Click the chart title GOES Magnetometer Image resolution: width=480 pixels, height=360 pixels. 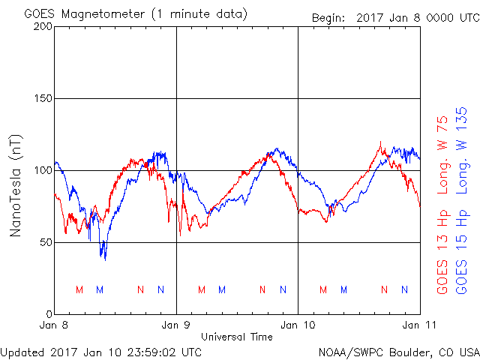(85, 14)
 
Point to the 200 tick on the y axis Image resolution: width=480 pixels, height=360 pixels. (43, 27)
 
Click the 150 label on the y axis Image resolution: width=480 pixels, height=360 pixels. (43, 98)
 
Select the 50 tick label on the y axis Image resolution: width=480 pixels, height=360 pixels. (46, 242)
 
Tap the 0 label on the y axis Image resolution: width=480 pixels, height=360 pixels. (49, 314)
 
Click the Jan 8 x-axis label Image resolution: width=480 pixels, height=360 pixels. (53, 325)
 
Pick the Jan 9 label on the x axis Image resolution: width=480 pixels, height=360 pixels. (175, 325)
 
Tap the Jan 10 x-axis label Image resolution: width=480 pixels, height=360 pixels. (298, 325)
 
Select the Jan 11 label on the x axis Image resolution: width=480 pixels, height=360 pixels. (419, 325)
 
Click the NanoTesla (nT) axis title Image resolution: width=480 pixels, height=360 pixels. (15, 185)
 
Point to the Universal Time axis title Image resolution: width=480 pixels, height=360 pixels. (237, 337)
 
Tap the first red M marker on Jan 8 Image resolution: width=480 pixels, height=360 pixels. (79, 289)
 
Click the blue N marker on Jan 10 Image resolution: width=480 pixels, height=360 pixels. (405, 289)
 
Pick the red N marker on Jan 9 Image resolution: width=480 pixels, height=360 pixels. (262, 289)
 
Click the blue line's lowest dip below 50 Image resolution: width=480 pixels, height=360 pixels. (105, 260)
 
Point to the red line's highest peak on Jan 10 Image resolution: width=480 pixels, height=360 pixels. (380, 142)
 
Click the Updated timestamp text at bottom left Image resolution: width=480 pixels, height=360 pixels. (101, 352)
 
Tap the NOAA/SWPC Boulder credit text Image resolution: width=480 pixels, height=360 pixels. (399, 352)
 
